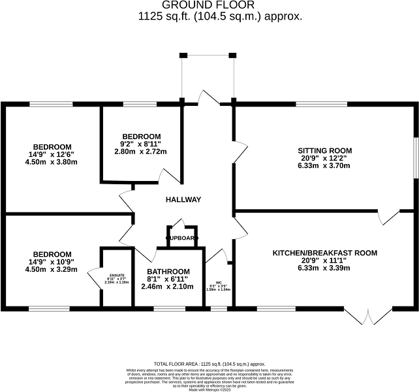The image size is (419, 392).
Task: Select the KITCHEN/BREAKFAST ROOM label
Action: [324, 252]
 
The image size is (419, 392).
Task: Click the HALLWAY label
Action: [183, 200]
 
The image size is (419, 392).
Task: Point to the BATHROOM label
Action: [168, 272]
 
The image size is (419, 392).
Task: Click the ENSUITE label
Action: [116, 275]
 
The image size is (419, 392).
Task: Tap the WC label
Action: [219, 283]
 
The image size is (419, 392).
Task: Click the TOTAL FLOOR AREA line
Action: [209, 363]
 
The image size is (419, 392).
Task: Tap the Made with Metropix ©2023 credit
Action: [209, 389]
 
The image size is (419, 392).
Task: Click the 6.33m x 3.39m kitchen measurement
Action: [324, 268]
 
